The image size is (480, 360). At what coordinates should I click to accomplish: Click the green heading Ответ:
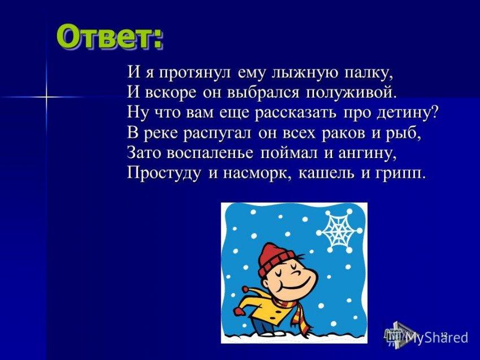click(x=110, y=37)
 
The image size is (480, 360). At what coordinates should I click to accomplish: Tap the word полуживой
click(x=351, y=93)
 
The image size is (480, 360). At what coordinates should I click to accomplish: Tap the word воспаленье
click(x=210, y=153)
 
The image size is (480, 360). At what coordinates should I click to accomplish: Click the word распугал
click(x=217, y=134)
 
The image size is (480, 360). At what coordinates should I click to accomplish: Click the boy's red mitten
click(x=239, y=311)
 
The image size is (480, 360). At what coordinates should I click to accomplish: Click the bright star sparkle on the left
click(x=46, y=97)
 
